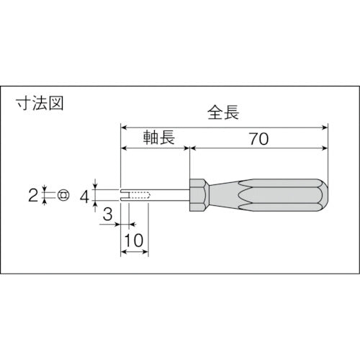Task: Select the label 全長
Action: point(223,113)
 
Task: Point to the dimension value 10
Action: point(134,241)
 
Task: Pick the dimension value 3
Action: point(107,213)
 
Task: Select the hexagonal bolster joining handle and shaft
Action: point(199,195)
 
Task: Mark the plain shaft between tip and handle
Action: point(169,195)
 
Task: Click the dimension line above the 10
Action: point(134,252)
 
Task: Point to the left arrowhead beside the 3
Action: point(115,225)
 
